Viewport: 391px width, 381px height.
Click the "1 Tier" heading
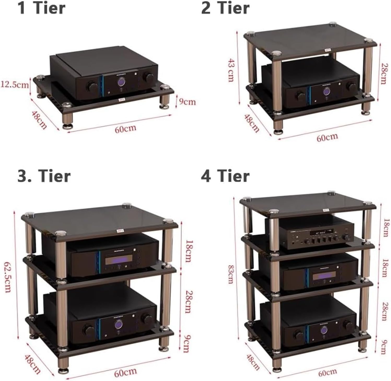coord(41,8)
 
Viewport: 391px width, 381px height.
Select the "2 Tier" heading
coord(225,8)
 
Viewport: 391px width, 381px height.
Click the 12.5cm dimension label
coord(15,85)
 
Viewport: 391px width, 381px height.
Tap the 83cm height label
coord(230,274)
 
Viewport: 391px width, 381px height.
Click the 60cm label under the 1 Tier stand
coord(125,129)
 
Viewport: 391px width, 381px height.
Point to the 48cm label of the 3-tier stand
coord(33,363)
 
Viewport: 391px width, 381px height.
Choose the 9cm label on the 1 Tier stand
coord(187,101)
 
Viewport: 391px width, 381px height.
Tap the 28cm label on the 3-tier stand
coord(187,302)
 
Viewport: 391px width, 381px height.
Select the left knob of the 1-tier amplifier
coord(92,86)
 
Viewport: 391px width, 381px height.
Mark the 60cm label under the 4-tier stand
coord(327,372)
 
